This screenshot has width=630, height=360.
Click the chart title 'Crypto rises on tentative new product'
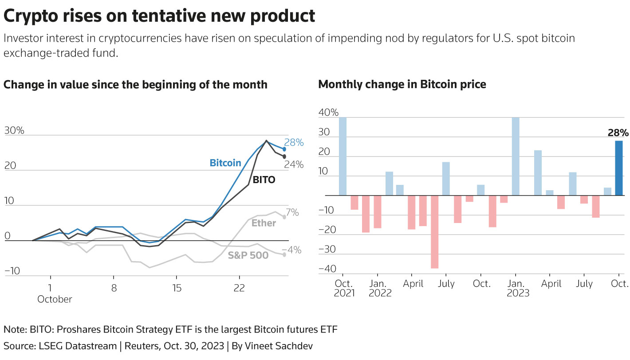coord(159,16)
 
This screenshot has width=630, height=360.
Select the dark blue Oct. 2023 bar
coord(619,168)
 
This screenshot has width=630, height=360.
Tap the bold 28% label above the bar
coord(618,133)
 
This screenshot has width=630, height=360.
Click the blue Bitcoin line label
coord(225,163)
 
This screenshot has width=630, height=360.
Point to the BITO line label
coord(264,180)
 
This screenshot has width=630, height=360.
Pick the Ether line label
coord(264,223)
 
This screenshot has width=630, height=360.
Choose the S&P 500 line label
coord(248,255)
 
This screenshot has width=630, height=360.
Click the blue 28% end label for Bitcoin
coord(294,142)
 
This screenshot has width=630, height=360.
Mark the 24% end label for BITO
coord(294,164)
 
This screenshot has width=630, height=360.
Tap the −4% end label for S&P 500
coord(292,250)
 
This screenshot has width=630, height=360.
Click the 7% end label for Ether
coord(292,213)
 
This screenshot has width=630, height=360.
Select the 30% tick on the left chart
coord(14,130)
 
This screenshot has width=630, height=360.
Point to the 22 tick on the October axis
coord(239,288)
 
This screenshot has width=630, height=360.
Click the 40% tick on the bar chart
coord(328,113)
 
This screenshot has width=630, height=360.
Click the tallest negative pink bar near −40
coord(434,232)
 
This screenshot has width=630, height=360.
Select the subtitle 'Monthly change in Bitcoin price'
coord(402,84)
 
